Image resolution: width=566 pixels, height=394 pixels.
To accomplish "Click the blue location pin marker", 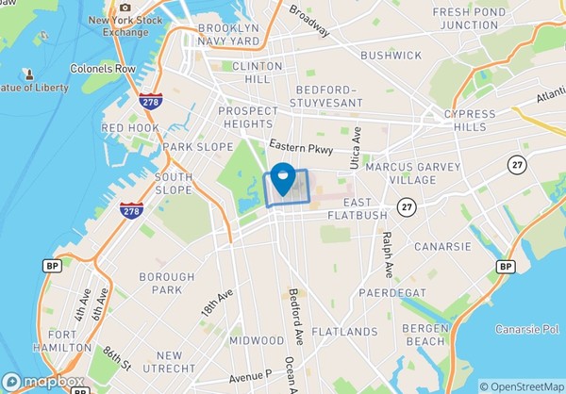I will [x=282, y=177].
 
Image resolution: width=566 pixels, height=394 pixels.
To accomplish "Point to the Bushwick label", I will [x=390, y=56].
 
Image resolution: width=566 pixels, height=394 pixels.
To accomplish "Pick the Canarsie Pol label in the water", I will [x=528, y=329].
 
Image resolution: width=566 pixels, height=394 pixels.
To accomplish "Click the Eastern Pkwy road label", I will [x=300, y=146].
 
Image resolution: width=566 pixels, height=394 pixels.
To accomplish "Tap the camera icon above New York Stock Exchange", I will [x=125, y=6].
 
